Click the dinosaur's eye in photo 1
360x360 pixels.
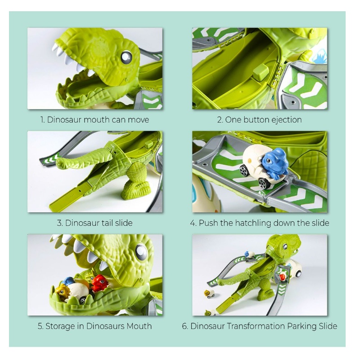[x=126, y=57]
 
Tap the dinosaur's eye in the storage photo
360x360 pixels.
[x=141, y=251]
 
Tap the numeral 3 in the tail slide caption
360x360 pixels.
[x=59, y=223]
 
